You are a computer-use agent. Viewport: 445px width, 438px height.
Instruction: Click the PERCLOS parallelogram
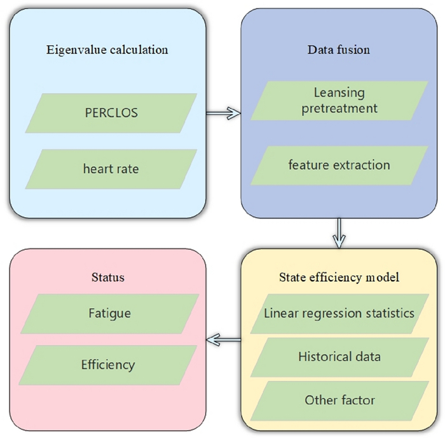point(111,113)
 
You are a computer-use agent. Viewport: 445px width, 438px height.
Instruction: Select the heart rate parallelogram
point(111,169)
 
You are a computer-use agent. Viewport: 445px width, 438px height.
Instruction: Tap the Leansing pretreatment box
point(339,101)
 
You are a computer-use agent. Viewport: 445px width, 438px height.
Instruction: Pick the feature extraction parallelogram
point(339,166)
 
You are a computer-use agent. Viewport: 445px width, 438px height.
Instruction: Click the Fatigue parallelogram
point(110,314)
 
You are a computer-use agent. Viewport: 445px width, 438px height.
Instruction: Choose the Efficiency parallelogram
point(108,365)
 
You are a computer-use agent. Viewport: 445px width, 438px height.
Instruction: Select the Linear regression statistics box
point(339,314)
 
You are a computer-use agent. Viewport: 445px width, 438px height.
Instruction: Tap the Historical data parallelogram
point(339,357)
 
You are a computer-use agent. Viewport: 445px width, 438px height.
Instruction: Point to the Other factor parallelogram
point(339,401)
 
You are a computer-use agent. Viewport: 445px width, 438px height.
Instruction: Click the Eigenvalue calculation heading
point(107,50)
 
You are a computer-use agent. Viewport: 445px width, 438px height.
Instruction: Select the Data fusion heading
point(339,50)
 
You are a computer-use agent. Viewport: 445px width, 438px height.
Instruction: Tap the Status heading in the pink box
point(108,277)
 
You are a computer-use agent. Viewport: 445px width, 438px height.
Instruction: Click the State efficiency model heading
point(339,278)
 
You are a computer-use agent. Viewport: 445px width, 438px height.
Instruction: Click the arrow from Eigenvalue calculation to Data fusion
point(223,113)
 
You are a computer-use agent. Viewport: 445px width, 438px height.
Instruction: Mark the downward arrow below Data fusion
point(339,233)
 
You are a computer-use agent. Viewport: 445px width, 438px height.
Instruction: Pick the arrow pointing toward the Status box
point(223,340)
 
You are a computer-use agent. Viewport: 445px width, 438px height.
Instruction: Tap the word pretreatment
point(339,109)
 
